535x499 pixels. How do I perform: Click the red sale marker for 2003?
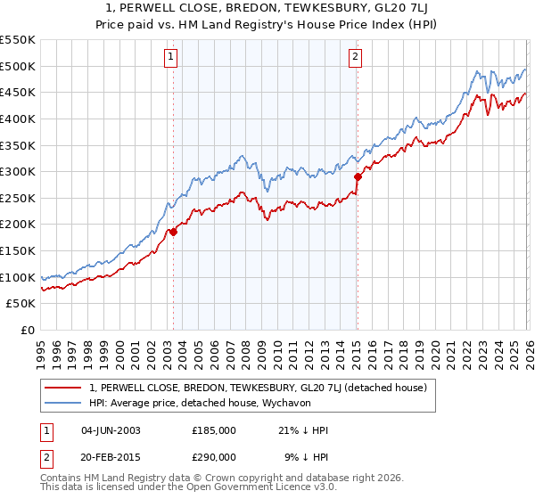pos(173,232)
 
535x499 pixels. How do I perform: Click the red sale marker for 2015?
pos(357,176)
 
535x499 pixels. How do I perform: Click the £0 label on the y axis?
pos(29,331)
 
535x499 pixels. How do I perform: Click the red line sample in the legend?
pos(63,388)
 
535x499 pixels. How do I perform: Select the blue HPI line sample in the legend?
pos(63,403)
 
